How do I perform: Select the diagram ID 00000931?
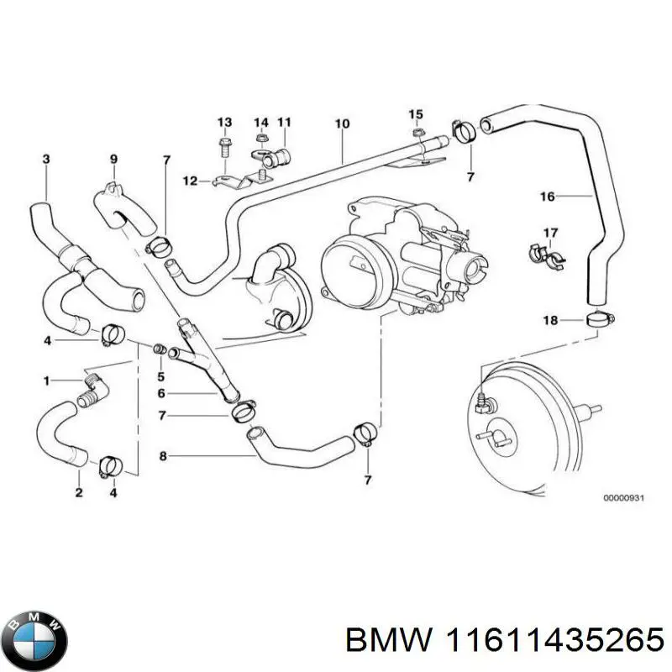(622, 498)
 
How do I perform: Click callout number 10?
(342, 124)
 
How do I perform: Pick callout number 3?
(45, 159)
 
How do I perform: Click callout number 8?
(163, 456)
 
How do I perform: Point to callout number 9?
(113, 159)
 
